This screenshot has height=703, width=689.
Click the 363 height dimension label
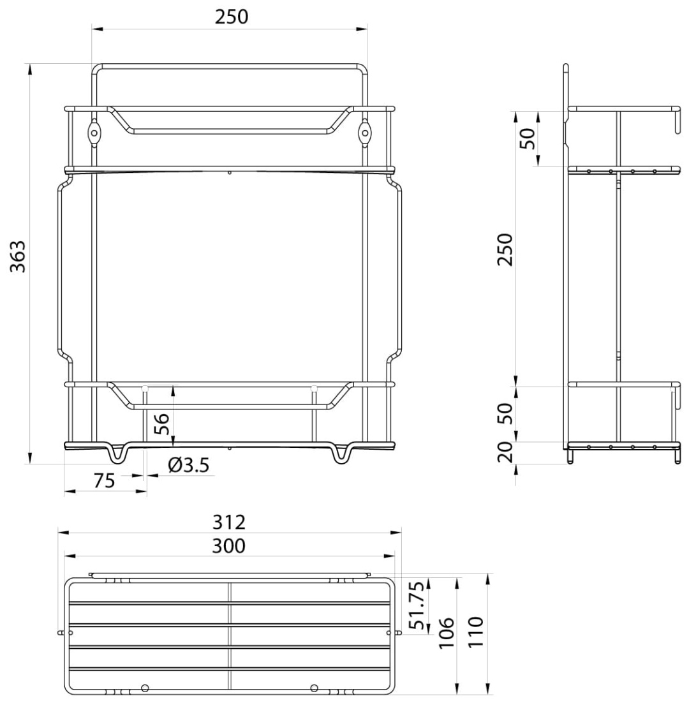(x=19, y=256)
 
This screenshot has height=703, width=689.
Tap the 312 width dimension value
(x=229, y=522)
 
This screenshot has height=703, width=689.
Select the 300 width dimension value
(x=229, y=546)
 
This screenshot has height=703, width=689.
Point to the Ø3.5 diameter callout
(x=189, y=466)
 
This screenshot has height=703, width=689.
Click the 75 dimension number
(x=105, y=480)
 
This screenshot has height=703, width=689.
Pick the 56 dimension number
(x=161, y=424)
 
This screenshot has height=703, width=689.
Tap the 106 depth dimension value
(x=447, y=633)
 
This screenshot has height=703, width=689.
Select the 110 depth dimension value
(x=476, y=632)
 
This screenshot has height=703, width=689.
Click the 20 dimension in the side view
(x=505, y=452)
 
